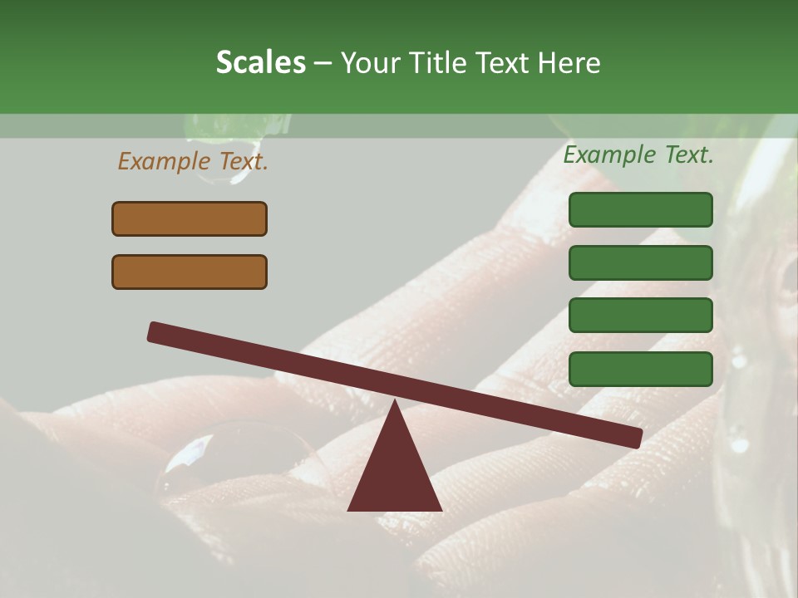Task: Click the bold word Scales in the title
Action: click(260, 63)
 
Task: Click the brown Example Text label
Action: click(193, 161)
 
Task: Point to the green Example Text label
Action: click(638, 154)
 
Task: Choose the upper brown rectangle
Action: click(190, 218)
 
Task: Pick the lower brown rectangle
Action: click(190, 272)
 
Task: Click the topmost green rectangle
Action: click(640, 209)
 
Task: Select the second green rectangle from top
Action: click(640, 262)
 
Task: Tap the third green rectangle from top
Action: click(640, 316)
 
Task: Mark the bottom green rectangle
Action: click(640, 369)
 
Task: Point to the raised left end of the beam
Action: click(155, 331)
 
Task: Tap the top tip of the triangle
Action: click(395, 403)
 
